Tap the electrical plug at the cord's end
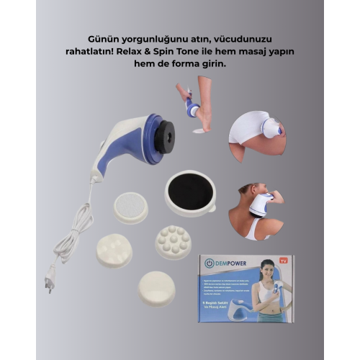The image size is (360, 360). [x=49, y=276]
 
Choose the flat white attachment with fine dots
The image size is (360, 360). [x=130, y=207]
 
